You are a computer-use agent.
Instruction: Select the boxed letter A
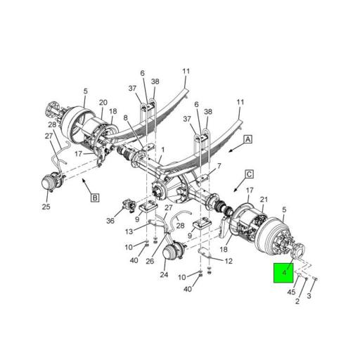[x=247, y=141]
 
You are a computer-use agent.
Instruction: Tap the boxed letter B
[x=94, y=198]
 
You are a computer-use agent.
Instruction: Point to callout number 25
[x=46, y=207]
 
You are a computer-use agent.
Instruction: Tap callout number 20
[x=103, y=102]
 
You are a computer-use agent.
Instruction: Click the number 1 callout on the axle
[x=162, y=150]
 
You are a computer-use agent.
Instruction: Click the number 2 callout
[x=297, y=302]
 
